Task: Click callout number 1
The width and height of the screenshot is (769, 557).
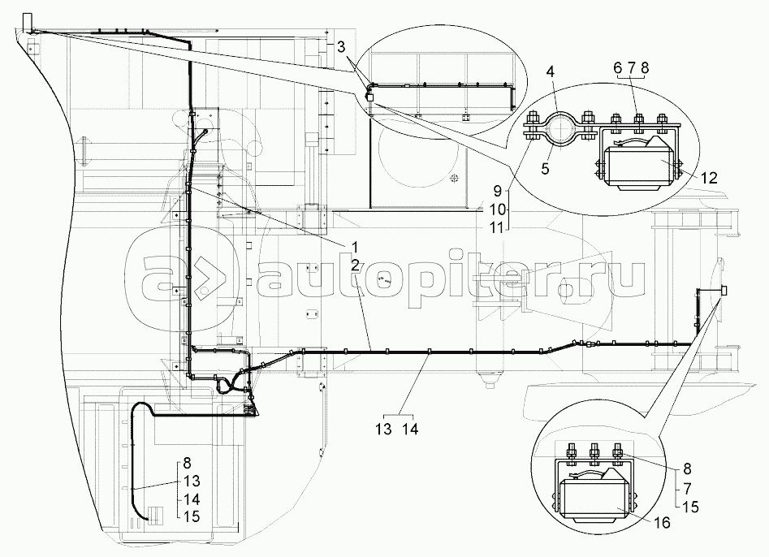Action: (356, 246)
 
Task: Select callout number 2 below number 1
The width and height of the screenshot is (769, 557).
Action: (356, 264)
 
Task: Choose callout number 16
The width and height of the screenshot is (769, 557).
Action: (663, 524)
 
